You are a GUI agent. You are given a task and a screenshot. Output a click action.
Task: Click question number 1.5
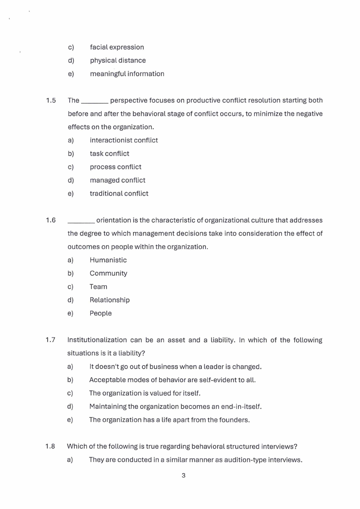tap(51, 100)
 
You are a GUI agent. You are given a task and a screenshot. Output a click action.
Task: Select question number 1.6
tap(51, 220)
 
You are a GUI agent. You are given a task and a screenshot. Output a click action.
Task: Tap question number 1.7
tap(50, 340)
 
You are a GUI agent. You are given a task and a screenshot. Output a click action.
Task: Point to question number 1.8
tap(50, 446)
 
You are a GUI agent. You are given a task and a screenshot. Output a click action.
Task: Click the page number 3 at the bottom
tap(183, 476)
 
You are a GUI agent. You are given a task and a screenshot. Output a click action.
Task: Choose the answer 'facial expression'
tap(117, 47)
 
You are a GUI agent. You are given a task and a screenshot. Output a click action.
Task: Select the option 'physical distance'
tap(118, 60)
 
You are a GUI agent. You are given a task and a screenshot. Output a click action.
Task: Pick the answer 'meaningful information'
tap(127, 73)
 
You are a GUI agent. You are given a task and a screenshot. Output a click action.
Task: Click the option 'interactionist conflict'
tap(124, 140)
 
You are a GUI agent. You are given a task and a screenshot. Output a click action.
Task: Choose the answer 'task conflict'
tap(109, 153)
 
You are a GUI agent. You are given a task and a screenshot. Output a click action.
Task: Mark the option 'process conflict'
tap(116, 167)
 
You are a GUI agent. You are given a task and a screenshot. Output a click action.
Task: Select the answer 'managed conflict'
tap(117, 180)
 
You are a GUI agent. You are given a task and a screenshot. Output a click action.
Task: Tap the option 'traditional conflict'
tap(119, 193)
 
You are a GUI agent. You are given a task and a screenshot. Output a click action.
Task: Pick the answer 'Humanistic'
tap(108, 260)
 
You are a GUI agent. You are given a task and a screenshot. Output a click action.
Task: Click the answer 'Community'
tap(108, 273)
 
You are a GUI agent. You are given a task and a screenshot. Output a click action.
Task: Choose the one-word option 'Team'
tap(98, 287)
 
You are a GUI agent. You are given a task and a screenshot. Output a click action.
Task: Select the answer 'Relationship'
tap(109, 300)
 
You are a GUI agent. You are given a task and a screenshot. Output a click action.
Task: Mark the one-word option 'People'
tap(100, 313)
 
